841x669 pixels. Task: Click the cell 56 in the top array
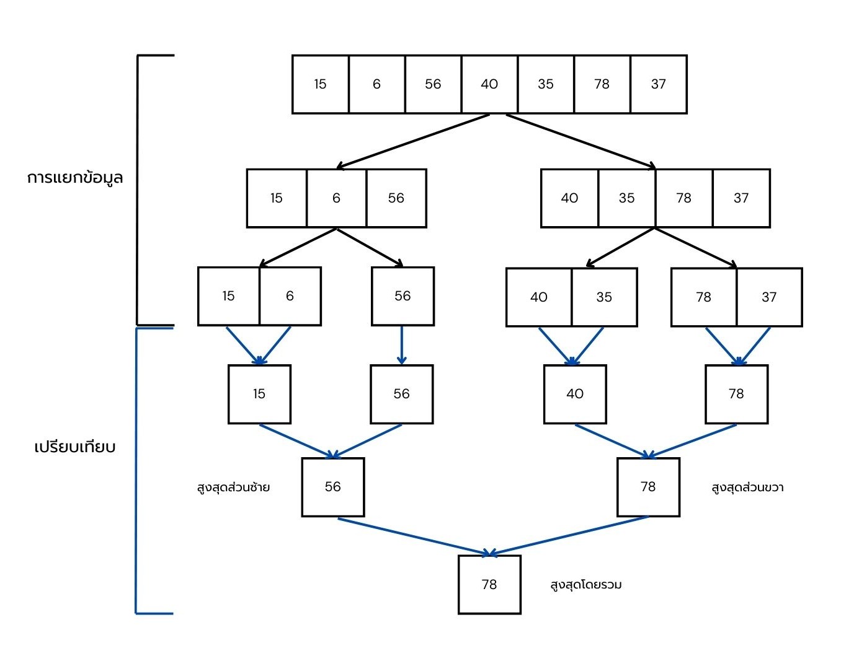point(433,84)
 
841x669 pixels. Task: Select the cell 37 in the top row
point(659,84)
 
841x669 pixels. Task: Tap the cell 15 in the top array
point(320,84)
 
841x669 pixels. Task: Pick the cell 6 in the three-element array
point(336,198)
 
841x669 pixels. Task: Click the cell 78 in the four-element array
point(683,198)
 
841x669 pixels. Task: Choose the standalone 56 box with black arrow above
point(403,296)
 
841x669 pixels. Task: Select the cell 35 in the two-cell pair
point(604,297)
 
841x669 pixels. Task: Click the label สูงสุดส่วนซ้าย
point(233,487)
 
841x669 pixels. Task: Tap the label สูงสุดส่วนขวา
point(747,488)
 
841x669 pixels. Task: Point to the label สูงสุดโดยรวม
point(585,585)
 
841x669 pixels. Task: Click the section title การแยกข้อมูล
point(75,178)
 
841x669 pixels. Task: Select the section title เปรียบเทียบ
point(75,447)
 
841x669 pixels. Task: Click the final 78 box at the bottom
point(489,585)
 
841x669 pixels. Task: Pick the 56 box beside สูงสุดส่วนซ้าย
point(333,487)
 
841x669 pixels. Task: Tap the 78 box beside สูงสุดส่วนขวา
point(648,487)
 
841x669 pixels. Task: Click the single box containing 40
point(575,394)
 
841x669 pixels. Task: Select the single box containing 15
point(259,394)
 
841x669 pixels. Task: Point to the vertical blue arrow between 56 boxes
point(402,345)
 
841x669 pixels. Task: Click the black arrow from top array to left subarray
point(412,141)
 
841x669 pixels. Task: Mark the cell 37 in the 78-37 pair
point(769,297)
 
